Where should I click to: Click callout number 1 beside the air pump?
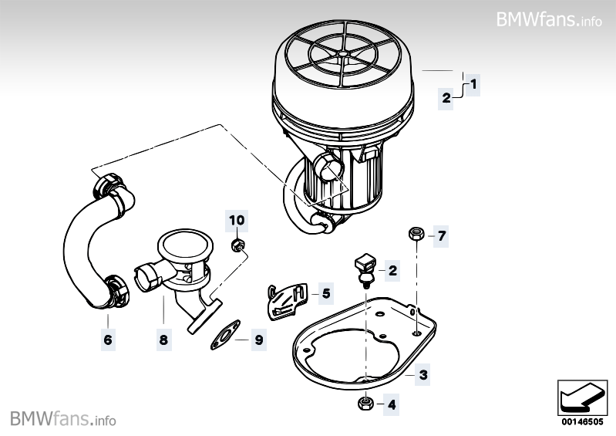tap(473, 82)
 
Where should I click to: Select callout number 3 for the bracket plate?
tap(423, 376)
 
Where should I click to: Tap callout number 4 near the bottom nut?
tap(391, 404)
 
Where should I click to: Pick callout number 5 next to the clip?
tap(325, 293)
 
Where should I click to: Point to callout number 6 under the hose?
tap(108, 340)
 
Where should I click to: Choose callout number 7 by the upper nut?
tap(441, 235)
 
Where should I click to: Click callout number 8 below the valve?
tap(163, 340)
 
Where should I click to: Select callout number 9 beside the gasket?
tap(259, 340)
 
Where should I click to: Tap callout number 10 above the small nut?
tap(237, 221)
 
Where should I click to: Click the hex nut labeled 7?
tap(414, 232)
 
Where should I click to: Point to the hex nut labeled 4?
tap(364, 403)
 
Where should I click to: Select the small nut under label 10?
tap(238, 245)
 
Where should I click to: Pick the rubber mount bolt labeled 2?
tap(365, 267)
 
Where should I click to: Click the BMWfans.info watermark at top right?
tap(548, 19)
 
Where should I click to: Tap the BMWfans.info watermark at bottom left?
tap(63, 419)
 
